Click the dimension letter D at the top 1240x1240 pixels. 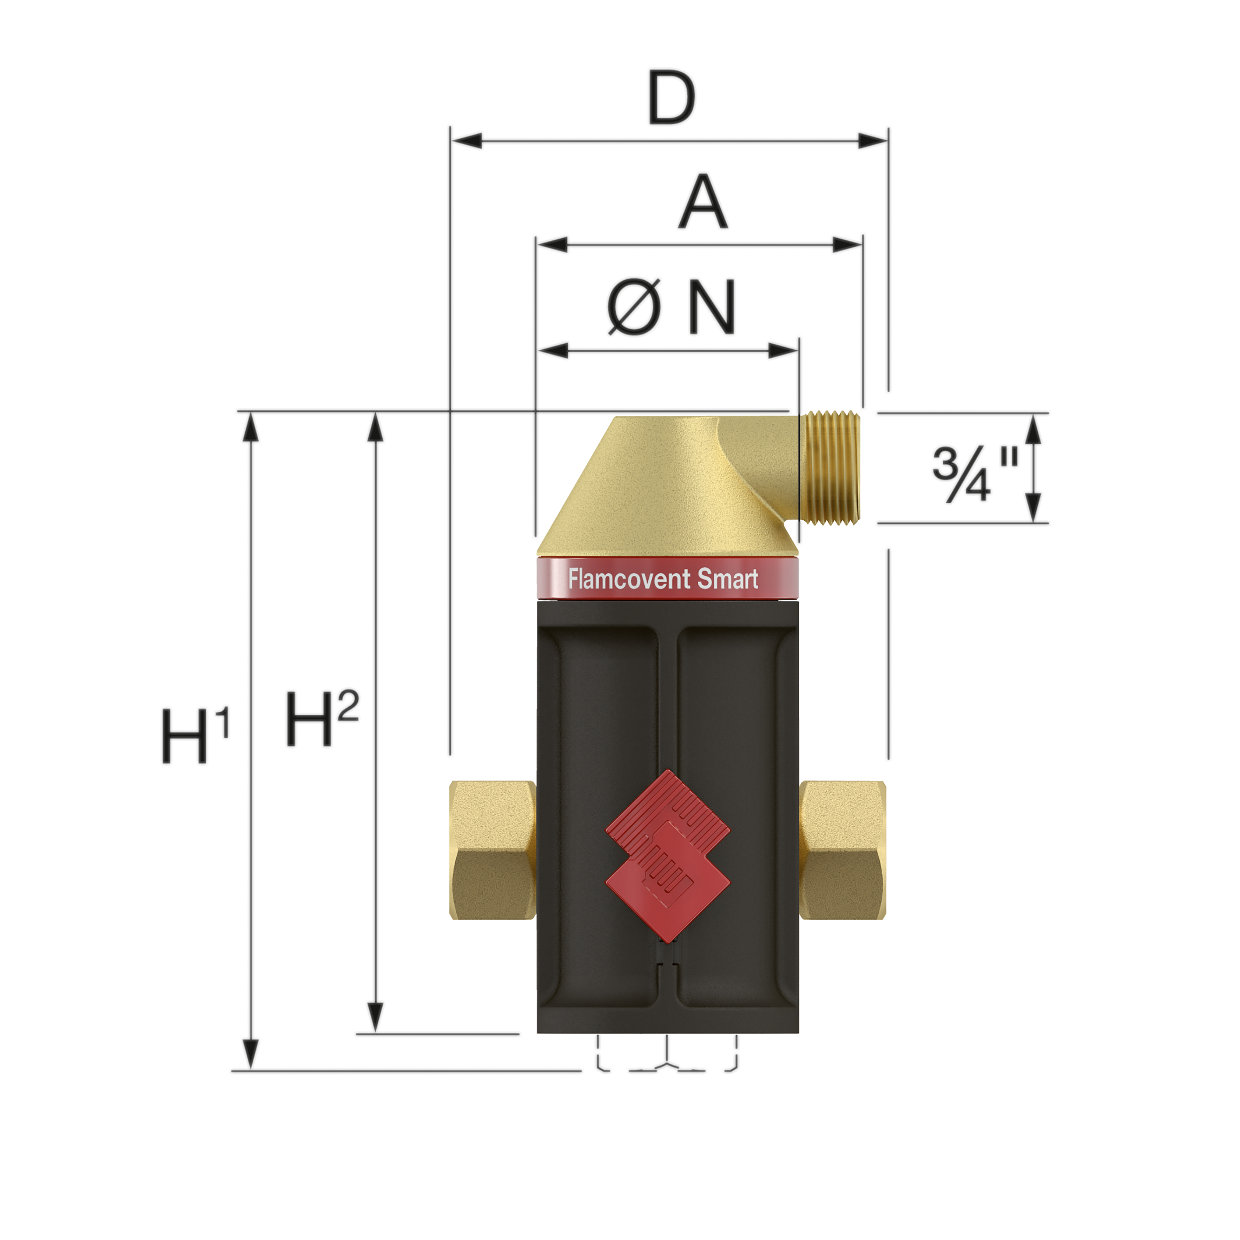[x=671, y=98]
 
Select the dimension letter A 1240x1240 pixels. [x=703, y=202]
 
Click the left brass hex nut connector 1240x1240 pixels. [x=493, y=850]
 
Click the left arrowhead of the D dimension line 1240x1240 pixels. [x=466, y=140]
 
